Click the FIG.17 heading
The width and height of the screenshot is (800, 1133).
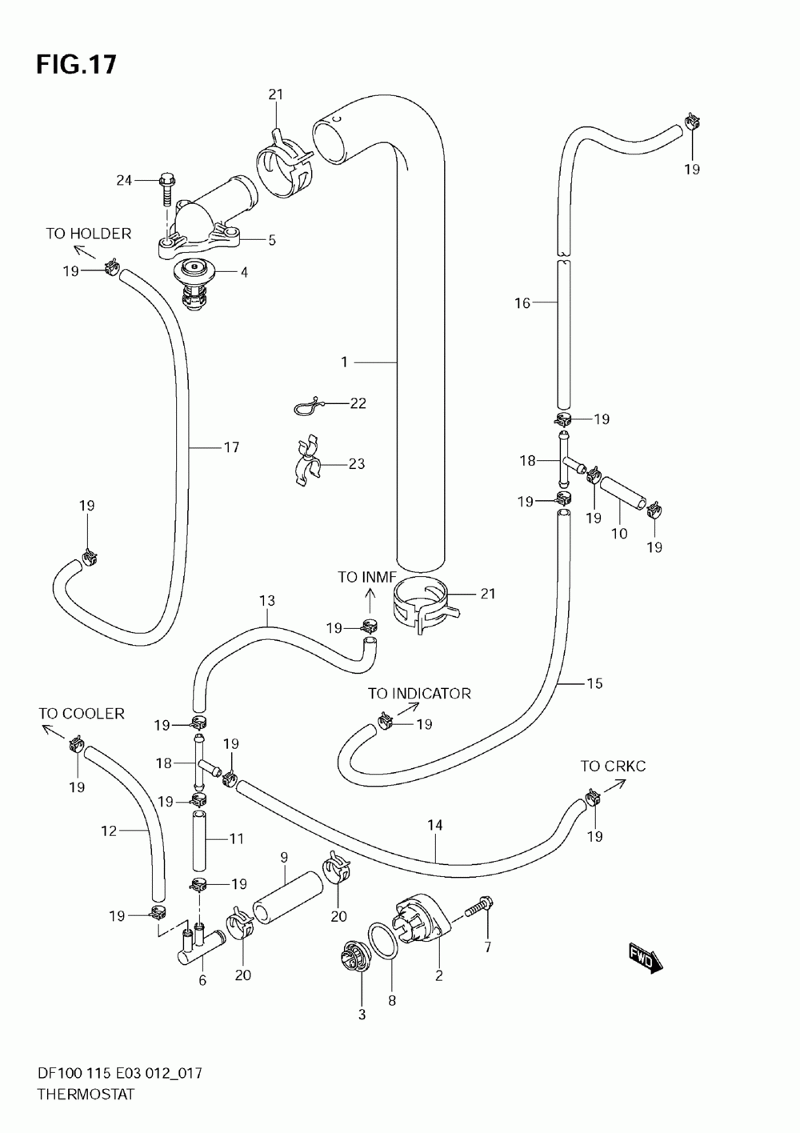point(76,65)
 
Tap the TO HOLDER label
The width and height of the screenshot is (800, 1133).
point(89,233)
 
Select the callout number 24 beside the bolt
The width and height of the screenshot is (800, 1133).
point(124,180)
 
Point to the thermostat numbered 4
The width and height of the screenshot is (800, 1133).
point(194,284)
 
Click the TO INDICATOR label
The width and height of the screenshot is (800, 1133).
point(419,693)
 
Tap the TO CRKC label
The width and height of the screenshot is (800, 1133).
point(613,766)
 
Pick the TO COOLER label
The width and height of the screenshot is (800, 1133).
point(82,713)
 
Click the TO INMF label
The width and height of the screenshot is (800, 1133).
point(367,577)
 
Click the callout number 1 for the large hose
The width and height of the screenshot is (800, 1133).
point(344,362)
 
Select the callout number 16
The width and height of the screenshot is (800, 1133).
point(522,303)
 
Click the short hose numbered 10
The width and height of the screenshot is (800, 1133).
point(622,493)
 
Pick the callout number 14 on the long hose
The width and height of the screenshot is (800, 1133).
point(435,825)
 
